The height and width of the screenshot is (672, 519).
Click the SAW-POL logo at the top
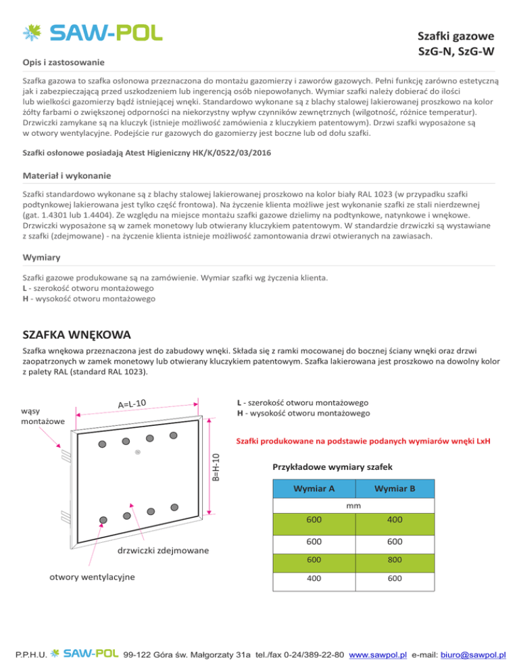[x=93, y=32]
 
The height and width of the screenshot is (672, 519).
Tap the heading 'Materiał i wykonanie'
[x=66, y=176]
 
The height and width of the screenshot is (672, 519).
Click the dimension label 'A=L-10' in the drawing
[x=132, y=404]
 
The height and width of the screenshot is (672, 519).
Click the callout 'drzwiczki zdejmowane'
[x=163, y=551]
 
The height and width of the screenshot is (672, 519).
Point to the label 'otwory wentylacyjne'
[x=91, y=577]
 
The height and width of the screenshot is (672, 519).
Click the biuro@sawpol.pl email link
[x=473, y=654]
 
